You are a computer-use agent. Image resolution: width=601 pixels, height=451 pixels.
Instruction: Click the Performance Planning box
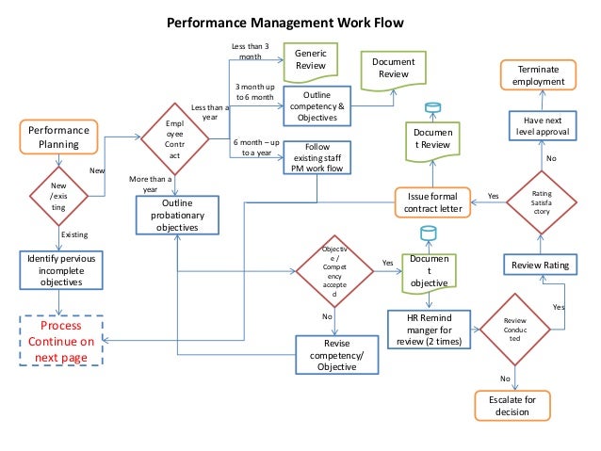click(59, 137)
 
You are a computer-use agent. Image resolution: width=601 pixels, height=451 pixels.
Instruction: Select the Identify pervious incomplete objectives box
click(60, 269)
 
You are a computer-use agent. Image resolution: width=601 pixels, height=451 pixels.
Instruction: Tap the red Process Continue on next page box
click(60, 342)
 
